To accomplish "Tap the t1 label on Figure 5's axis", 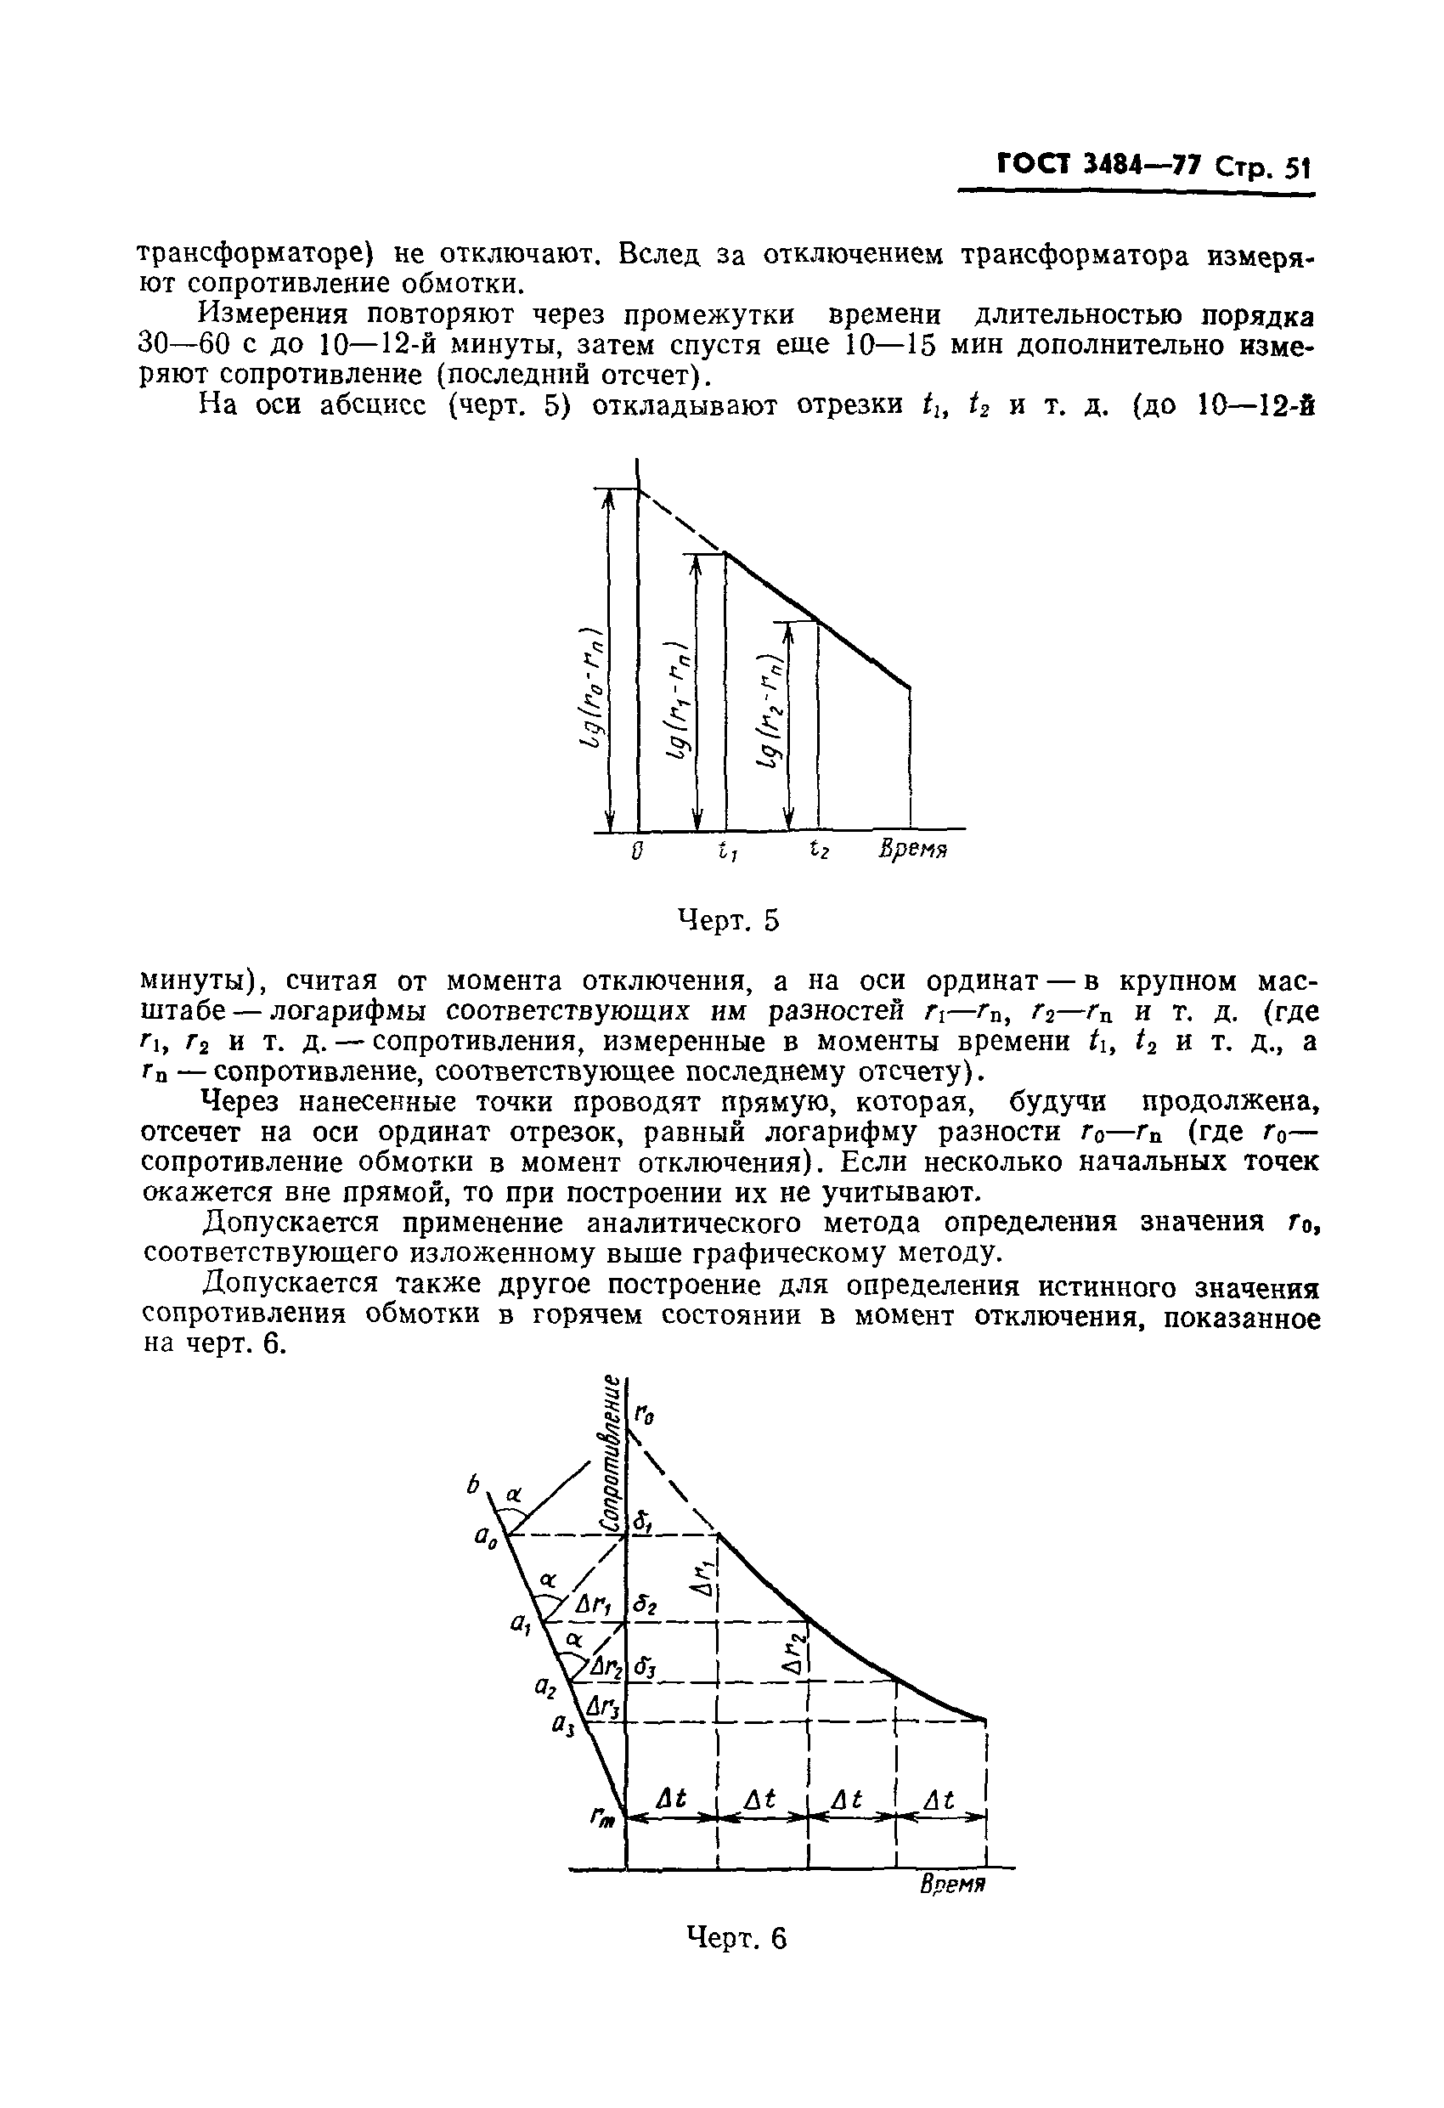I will [x=726, y=851].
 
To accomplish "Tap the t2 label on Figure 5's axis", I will [x=819, y=850].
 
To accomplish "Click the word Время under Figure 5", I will [x=912, y=851].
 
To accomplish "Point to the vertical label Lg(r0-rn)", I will [x=592, y=689].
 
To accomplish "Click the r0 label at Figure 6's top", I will [x=644, y=1414].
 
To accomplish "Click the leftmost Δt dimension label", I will [x=671, y=1799].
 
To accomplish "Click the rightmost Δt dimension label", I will [x=939, y=1800].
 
